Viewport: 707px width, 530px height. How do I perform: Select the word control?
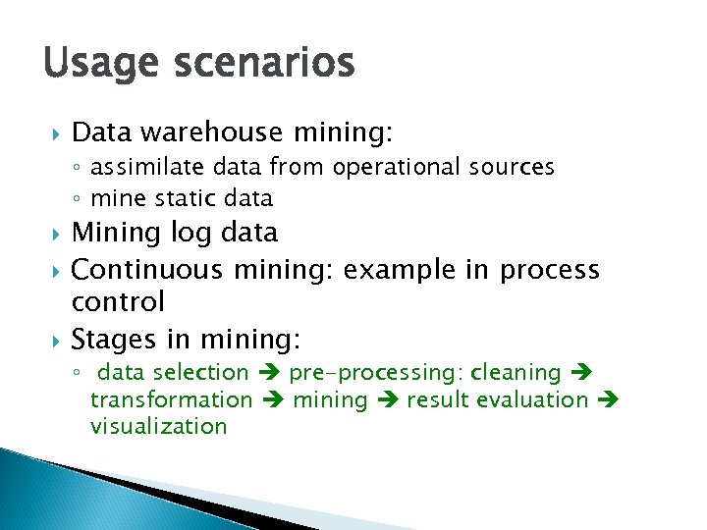tap(118, 300)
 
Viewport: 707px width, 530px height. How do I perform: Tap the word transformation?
tap(171, 399)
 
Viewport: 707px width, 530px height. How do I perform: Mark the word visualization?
tap(158, 426)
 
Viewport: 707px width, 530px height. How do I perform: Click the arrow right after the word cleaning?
tap(577, 373)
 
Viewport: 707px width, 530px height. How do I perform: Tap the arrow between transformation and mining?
tap(273, 399)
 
